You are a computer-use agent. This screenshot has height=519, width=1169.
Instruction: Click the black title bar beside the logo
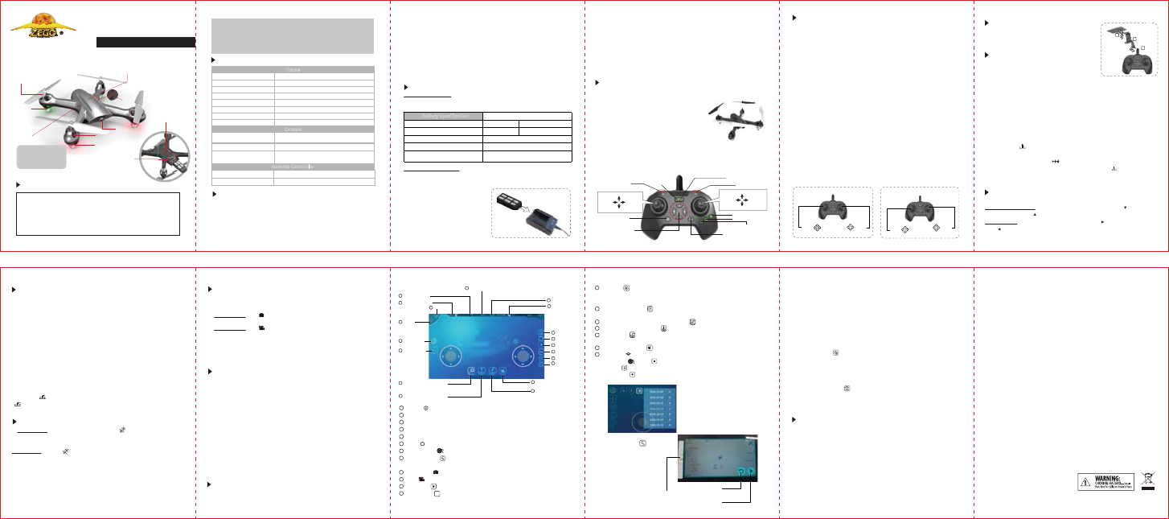click(x=146, y=42)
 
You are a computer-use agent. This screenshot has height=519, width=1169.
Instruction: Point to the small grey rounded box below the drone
click(x=42, y=156)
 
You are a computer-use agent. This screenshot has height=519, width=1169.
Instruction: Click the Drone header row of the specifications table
click(x=293, y=70)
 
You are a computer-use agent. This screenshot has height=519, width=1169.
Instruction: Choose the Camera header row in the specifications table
click(x=293, y=128)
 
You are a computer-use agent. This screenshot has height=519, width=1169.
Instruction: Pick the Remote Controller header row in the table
click(x=293, y=167)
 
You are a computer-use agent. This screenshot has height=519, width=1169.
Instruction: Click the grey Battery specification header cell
click(x=443, y=116)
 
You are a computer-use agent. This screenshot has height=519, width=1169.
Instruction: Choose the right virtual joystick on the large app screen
click(x=523, y=354)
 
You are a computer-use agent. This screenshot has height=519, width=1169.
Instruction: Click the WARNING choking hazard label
click(x=1105, y=481)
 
